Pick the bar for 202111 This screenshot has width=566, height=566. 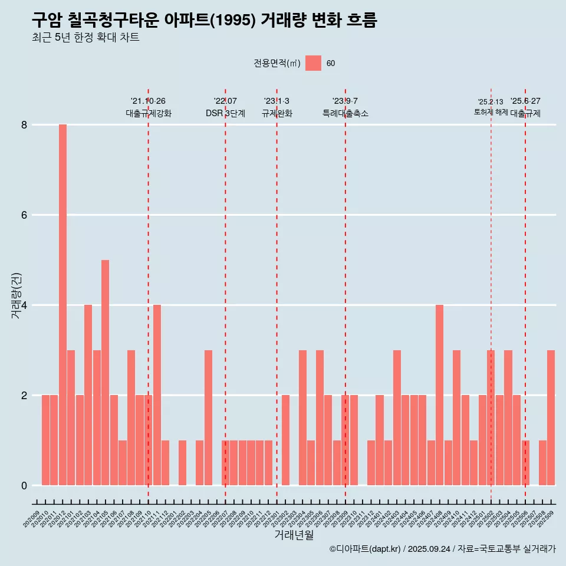click(157, 395)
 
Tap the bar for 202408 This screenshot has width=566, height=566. click(439, 395)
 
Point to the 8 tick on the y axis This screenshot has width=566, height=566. click(24, 125)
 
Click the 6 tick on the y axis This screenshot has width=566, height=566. click(24, 215)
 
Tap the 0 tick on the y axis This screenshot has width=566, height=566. click(24, 486)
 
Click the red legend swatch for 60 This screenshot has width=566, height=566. click(313, 63)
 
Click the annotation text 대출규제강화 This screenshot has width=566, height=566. click(149, 114)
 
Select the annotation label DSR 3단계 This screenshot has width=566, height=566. click(225, 114)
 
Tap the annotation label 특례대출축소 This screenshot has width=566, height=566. click(345, 114)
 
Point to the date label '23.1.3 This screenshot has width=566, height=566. click(277, 101)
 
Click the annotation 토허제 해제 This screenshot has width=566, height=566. click(491, 112)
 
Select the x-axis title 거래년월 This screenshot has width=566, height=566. click(294, 535)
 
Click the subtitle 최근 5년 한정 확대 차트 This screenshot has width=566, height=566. click(85, 38)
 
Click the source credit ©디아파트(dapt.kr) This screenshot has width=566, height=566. click(365, 549)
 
